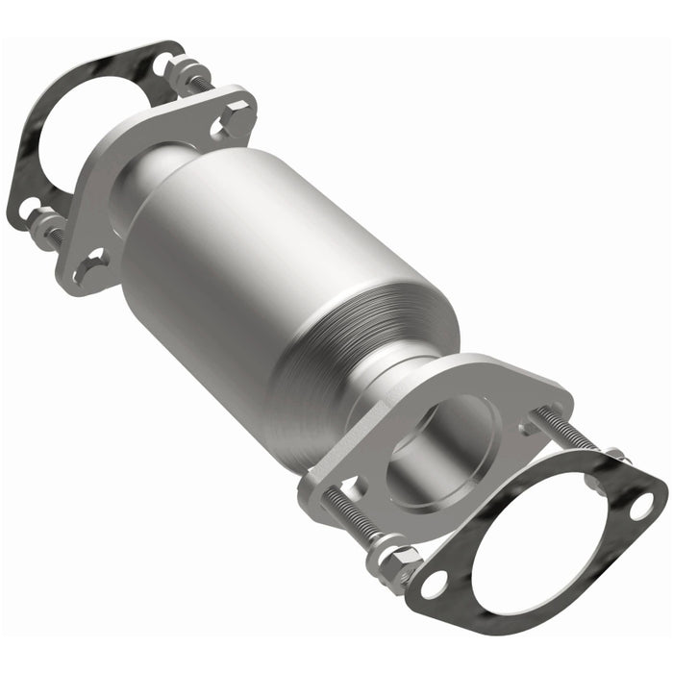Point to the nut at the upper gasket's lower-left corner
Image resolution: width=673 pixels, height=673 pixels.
(x=42, y=229)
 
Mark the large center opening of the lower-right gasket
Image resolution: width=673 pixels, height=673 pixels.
(x=538, y=538)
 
